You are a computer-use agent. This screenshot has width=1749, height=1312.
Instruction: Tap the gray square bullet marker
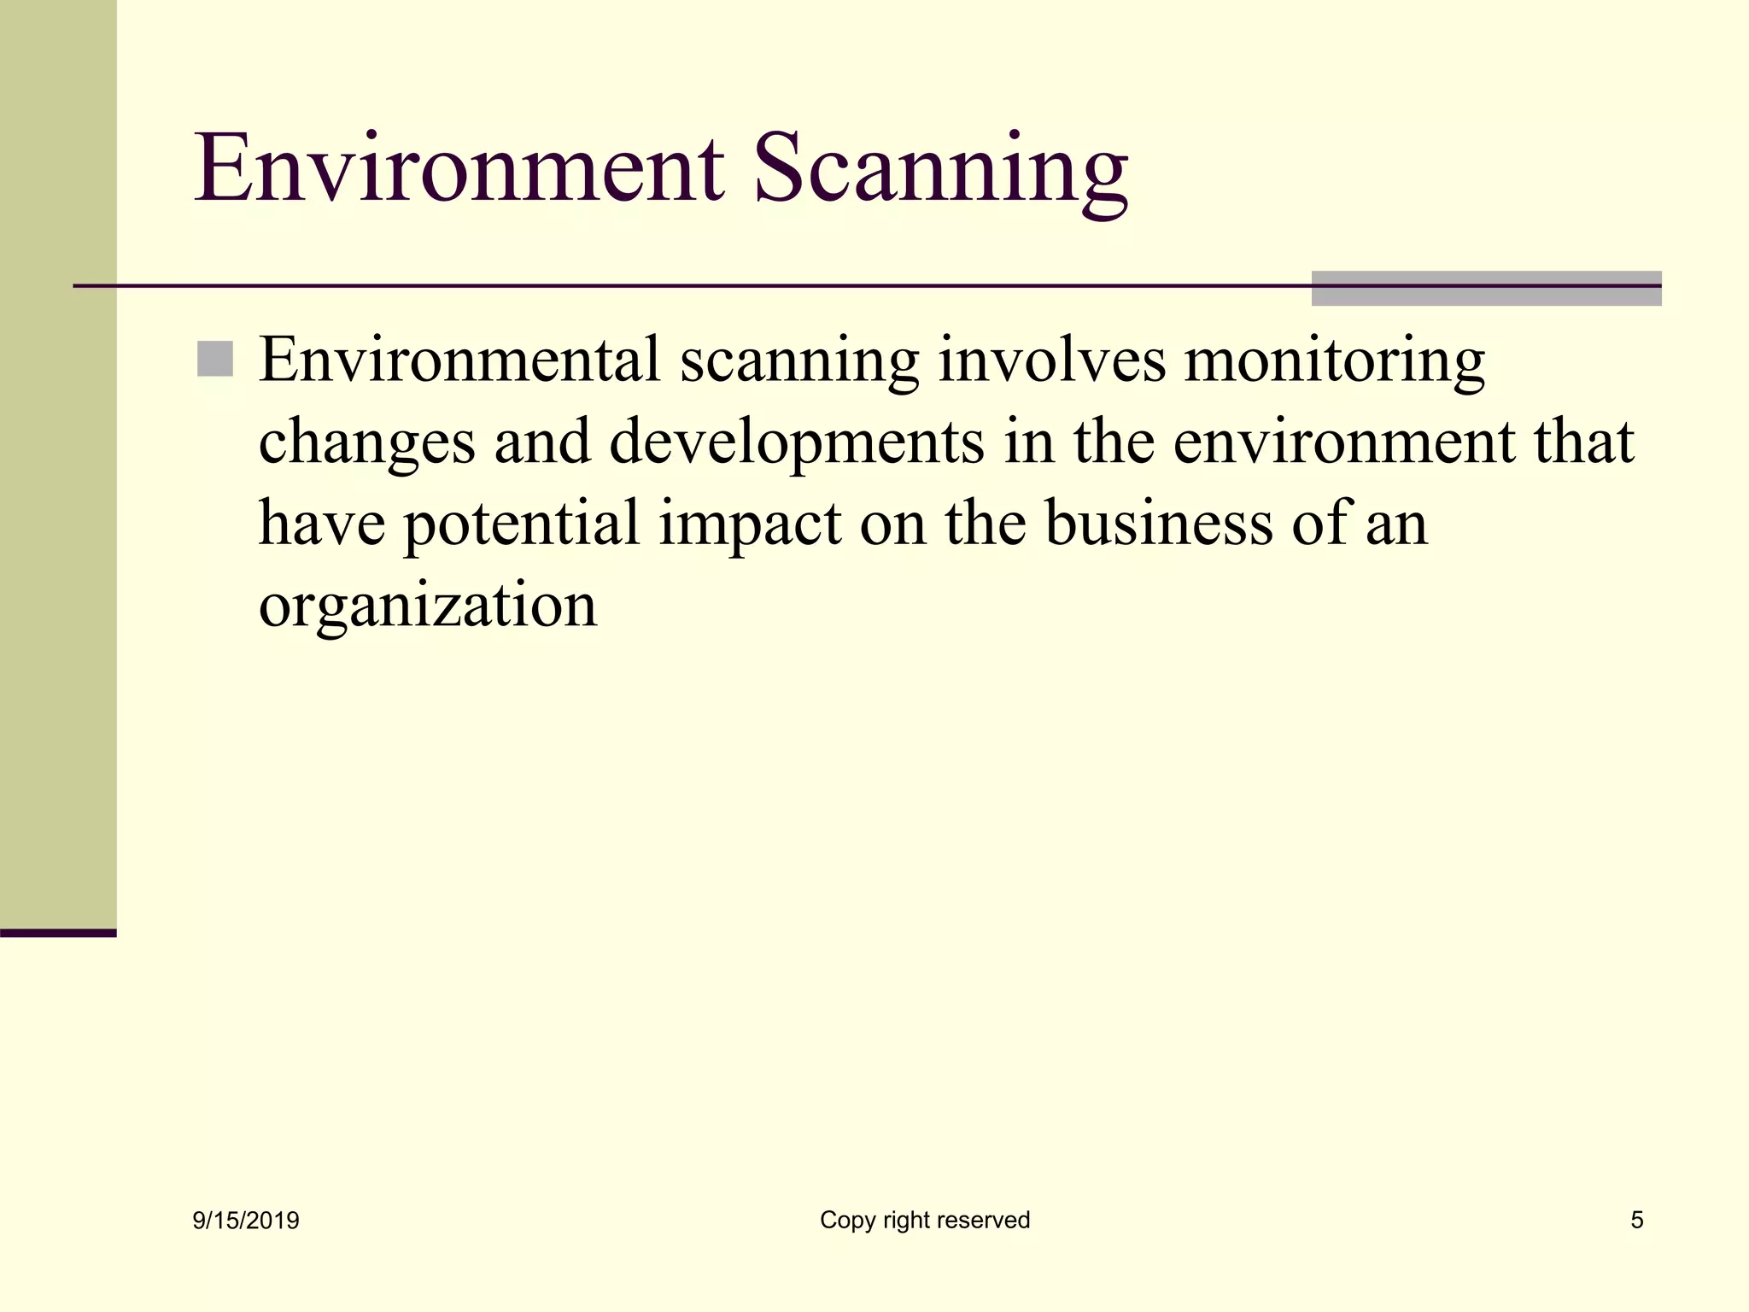point(214,359)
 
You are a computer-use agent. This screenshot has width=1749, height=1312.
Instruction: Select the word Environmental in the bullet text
point(459,360)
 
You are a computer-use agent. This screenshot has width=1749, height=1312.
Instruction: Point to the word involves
point(1051,360)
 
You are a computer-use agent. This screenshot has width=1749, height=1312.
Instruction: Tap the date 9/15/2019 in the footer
point(246,1221)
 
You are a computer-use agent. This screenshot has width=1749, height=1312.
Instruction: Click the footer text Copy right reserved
point(925,1220)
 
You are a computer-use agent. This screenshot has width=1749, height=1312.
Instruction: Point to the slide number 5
point(1636,1220)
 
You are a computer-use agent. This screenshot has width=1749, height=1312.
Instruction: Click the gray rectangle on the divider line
point(1486,288)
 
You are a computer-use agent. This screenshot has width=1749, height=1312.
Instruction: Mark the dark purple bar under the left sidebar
point(58,933)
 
